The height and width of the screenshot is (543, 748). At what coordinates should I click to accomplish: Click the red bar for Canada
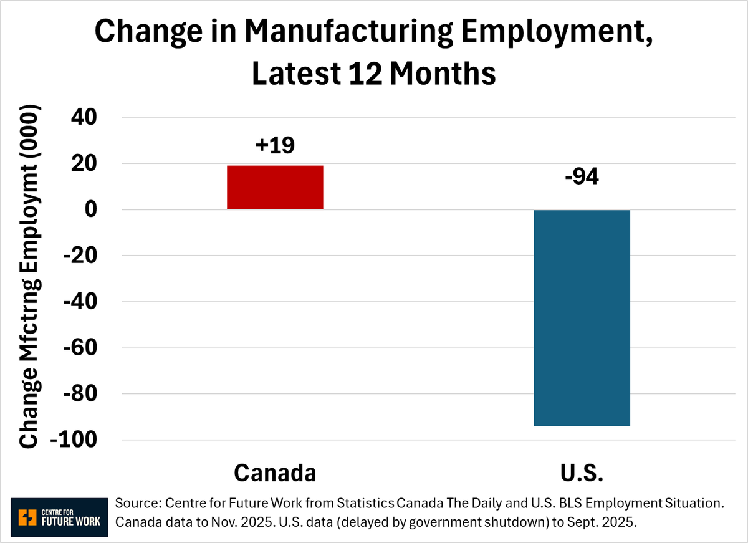pos(275,187)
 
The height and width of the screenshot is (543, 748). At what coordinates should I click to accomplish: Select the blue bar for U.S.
pos(582,318)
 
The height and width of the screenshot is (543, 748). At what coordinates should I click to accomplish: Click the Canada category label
pos(275,473)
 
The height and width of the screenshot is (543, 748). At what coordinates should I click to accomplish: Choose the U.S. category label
pos(581,473)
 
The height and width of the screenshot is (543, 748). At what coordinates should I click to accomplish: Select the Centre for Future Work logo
pos(59,517)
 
